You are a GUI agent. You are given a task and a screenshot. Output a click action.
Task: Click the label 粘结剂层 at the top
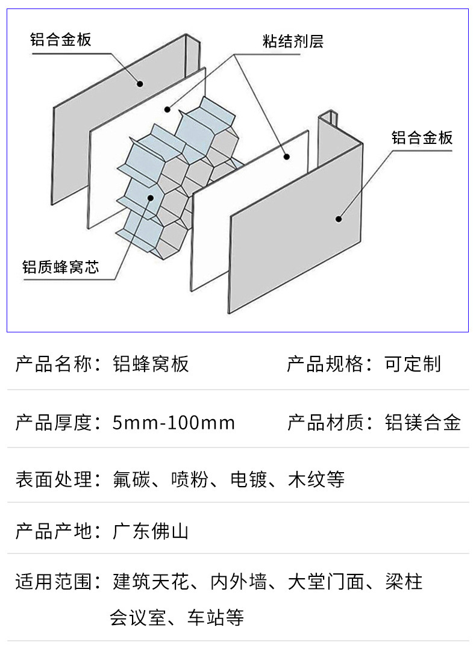coord(293,42)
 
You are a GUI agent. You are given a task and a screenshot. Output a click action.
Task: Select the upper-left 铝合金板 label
coord(61,40)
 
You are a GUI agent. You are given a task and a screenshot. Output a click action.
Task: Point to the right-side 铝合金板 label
coord(422,137)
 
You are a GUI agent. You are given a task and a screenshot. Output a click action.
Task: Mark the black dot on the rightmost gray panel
coord(339,219)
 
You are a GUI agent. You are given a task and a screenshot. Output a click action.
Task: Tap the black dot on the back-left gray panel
coord(139,83)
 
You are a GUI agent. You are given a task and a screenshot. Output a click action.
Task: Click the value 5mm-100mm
coord(174,423)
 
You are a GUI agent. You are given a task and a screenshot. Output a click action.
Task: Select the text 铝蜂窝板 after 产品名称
coord(151,364)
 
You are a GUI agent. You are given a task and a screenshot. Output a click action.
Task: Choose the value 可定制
coord(413,364)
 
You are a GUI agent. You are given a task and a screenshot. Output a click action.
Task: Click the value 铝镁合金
coord(422,423)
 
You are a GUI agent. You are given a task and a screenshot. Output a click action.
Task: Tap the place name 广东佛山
coord(151,531)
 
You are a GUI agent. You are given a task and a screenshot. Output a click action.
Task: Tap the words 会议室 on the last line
coord(137,618)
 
